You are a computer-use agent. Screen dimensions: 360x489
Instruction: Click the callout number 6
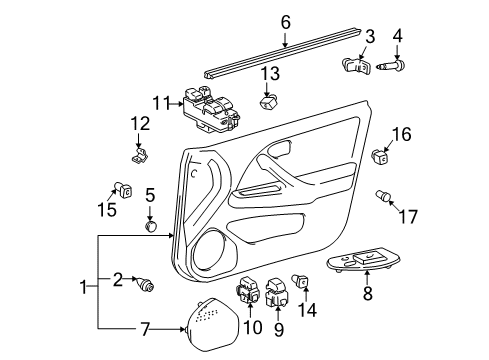pyautogui.click(x=285, y=20)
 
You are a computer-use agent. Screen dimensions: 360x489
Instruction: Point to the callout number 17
pyautogui.click(x=407, y=215)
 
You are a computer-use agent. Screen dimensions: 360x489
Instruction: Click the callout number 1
pyautogui.click(x=83, y=288)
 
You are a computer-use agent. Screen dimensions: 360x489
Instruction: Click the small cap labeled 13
pyautogui.click(x=269, y=102)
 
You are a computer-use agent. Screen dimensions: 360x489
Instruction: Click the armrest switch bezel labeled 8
pyautogui.click(x=367, y=263)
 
